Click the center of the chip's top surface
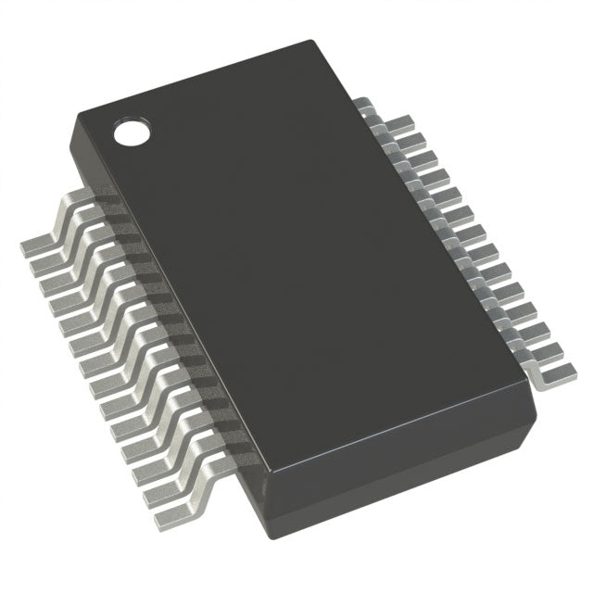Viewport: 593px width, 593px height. (x=306, y=278)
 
